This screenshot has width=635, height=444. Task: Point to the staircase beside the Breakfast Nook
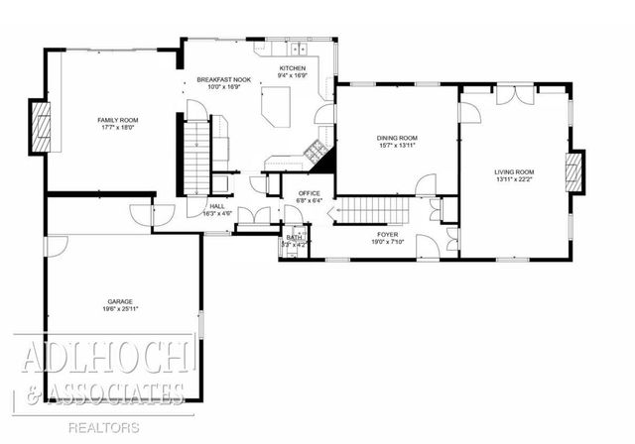click(196, 157)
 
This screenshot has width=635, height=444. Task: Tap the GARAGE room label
click(120, 300)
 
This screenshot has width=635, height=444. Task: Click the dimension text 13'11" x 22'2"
click(514, 180)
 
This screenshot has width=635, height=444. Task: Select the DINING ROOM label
click(396, 138)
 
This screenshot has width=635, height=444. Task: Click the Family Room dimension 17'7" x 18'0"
click(116, 128)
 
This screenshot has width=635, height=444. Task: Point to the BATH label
click(294, 238)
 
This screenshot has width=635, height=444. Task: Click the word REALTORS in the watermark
click(104, 427)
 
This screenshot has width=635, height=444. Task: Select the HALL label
click(216, 206)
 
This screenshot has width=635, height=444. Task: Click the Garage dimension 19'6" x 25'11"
click(120, 309)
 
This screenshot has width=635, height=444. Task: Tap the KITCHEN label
click(278, 67)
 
